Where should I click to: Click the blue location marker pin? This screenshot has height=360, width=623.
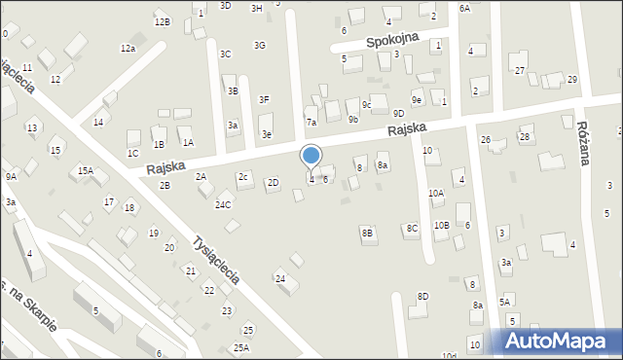point(311,156)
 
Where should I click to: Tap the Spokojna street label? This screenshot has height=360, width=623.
point(391,41)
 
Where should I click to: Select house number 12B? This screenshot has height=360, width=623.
point(162,21)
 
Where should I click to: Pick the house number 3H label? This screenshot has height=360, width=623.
point(257,8)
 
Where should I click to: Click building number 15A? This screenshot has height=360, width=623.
point(86,171)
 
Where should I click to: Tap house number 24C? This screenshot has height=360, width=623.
point(224,204)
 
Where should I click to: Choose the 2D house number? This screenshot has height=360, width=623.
point(274,182)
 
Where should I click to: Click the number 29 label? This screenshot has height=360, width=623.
point(571,79)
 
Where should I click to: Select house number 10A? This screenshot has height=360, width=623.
point(436,194)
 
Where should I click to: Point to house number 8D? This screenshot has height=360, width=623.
point(422,296)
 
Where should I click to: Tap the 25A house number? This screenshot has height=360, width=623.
point(241,347)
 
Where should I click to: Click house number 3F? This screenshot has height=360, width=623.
point(264,99)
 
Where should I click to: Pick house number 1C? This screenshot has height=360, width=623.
point(132,153)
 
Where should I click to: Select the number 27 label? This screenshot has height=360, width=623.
point(520,70)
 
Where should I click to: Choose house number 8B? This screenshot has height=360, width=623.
point(367,233)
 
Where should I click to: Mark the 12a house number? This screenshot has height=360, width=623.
point(128,48)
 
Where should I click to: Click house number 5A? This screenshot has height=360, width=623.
point(504,302)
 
